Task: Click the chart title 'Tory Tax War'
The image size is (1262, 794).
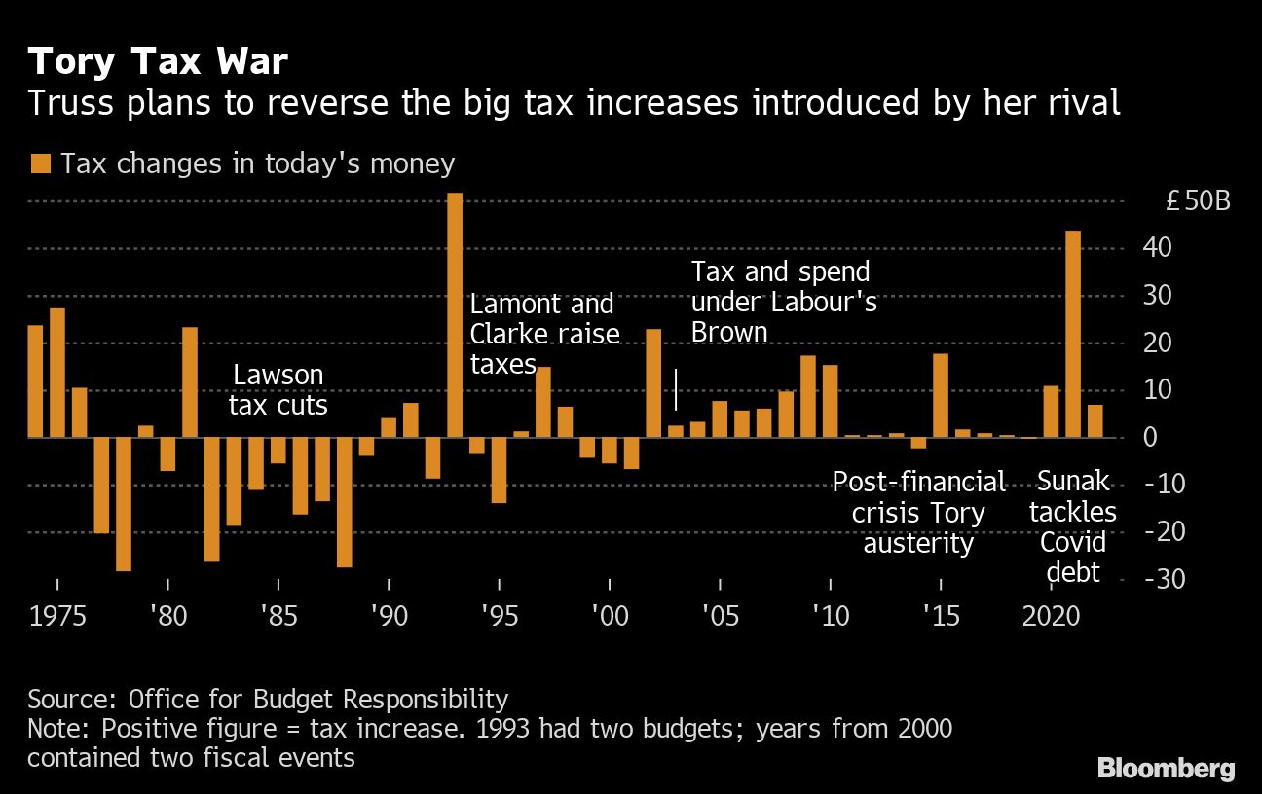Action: [158, 62]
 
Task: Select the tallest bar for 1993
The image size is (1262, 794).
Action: [455, 314]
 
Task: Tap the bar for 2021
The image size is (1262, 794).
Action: [1073, 334]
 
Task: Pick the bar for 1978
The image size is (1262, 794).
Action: [124, 504]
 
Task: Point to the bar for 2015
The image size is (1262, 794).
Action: [941, 395]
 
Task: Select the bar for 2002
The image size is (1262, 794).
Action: [653, 383]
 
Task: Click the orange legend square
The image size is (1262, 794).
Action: [40, 163]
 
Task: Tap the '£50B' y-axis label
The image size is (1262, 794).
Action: [1198, 202]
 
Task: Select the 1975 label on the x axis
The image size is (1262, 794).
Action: [57, 617]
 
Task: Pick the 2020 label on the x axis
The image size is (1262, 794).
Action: [1051, 617]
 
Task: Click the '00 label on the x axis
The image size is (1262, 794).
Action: [610, 617]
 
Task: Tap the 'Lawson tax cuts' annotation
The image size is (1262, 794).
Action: [278, 390]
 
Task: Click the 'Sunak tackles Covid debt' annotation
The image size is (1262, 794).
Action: [1073, 526]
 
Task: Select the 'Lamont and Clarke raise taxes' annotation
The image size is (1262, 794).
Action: [543, 334]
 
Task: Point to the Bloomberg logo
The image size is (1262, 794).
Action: [1166, 768]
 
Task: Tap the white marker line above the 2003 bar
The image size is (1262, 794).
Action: [676, 389]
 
